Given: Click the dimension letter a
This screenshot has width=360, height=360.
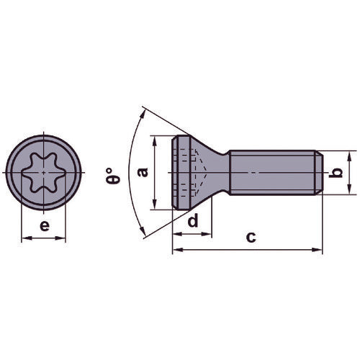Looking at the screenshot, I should click(143, 172).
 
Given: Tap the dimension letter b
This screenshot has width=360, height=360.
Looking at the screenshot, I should click(334, 174).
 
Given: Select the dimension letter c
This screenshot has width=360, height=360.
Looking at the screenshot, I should click(250, 237).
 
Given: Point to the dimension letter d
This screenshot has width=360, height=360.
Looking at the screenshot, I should click(192, 221).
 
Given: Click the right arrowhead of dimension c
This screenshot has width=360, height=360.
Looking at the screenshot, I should click(318, 250).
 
